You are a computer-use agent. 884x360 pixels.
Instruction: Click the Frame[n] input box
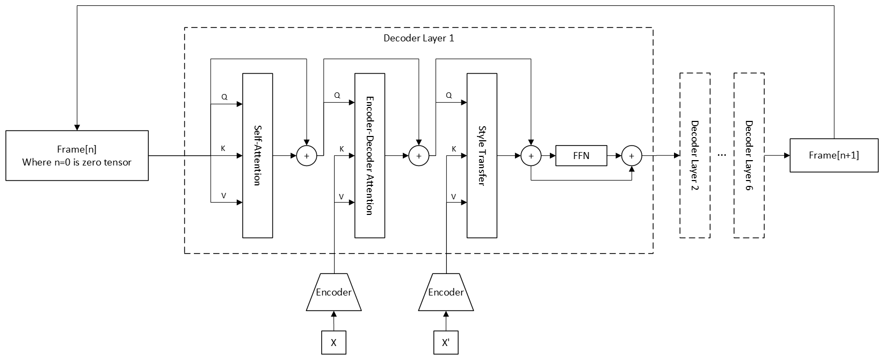click(77, 155)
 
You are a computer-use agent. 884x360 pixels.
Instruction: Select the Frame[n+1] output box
click(834, 155)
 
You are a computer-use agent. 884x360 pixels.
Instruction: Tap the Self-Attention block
click(258, 156)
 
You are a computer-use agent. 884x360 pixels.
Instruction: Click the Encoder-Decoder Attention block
click(369, 156)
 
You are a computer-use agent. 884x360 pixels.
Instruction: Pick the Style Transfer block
click(482, 156)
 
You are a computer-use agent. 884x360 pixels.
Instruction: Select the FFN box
click(581, 156)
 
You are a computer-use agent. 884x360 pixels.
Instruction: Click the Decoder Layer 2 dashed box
click(694, 156)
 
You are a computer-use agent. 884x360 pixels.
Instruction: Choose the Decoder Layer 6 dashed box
click(749, 156)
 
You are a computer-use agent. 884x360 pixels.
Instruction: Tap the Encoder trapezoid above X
click(334, 292)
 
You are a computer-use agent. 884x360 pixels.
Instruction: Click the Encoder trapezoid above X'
click(446, 292)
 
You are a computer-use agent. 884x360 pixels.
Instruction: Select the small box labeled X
click(334, 343)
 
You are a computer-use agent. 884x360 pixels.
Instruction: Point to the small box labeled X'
click(446, 343)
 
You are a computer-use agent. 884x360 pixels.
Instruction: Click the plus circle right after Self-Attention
click(307, 156)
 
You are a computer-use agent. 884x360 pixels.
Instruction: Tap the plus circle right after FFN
click(632, 156)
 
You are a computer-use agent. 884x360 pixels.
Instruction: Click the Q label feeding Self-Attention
click(224, 97)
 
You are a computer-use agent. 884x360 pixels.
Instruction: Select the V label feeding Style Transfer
click(454, 197)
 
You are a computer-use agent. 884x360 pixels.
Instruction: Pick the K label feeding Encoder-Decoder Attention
click(342, 149)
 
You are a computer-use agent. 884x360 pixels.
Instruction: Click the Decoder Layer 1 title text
click(419, 38)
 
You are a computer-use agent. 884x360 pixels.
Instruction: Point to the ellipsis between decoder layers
click(721, 155)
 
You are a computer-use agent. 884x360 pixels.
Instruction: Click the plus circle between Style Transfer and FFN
click(531, 156)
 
